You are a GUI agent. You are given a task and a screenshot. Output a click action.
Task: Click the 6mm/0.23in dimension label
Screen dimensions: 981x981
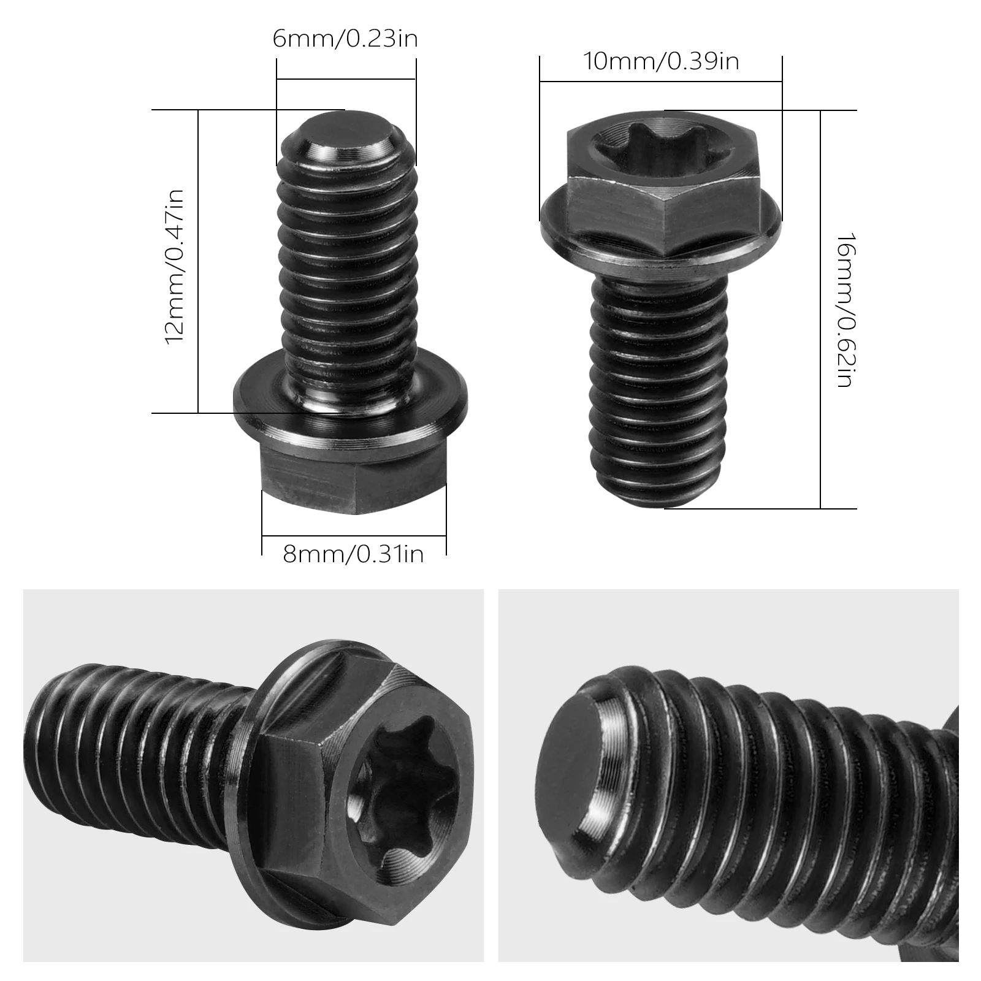345,39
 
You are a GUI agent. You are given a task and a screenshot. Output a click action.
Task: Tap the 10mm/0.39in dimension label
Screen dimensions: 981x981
661,61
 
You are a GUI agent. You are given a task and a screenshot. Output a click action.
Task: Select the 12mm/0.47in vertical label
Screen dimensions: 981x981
175,266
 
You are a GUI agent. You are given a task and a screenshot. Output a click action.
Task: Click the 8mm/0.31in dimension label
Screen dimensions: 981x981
353,554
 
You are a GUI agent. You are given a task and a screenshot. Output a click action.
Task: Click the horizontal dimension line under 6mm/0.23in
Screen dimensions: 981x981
346,79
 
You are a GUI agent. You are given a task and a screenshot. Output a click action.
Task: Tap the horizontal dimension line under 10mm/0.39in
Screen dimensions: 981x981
661,81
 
